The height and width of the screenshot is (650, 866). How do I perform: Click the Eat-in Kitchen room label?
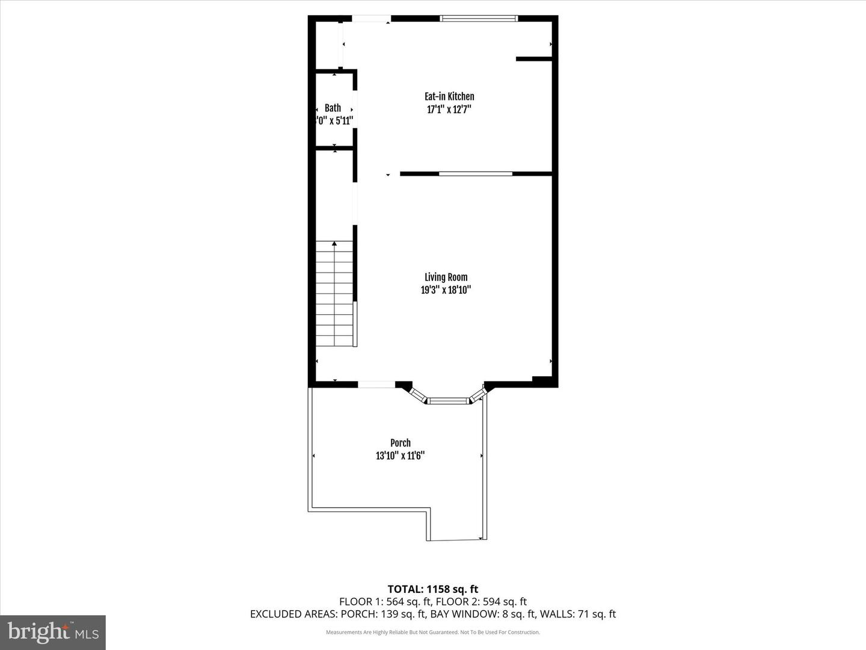449,96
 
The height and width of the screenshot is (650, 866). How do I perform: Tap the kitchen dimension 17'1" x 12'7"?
449,110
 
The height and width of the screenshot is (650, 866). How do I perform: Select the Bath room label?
333,108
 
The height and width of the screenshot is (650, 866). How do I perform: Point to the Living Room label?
446,277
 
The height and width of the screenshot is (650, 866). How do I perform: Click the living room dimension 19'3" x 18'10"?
446,290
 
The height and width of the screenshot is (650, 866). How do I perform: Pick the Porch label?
401,443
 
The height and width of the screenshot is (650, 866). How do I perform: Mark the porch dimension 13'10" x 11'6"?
401,456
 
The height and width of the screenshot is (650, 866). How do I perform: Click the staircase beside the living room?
334,295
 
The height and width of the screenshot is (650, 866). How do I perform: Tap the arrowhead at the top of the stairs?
334,243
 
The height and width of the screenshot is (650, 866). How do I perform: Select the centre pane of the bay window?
447,400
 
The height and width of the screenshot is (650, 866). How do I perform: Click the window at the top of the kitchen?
479,19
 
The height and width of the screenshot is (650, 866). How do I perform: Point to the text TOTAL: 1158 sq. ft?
433,589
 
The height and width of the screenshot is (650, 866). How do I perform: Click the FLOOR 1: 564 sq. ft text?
385,602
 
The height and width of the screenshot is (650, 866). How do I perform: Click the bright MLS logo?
53,633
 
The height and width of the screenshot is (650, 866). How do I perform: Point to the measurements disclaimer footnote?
433,633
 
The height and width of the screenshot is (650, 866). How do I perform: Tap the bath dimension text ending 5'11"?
335,120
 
